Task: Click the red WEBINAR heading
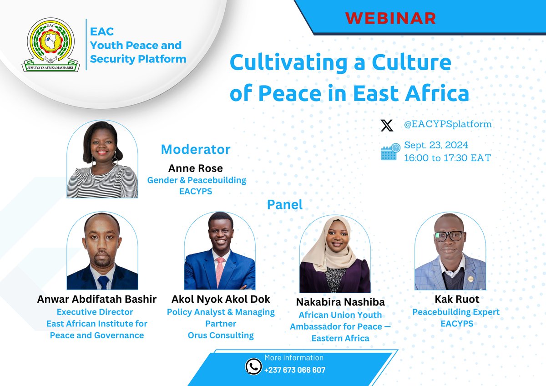390,18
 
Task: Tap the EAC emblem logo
52,45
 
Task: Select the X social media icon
387,125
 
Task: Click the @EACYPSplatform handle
447,124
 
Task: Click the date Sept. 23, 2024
436,146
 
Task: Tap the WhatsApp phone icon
253,366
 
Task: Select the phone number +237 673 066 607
295,370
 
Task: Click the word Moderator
196,149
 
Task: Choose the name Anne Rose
196,168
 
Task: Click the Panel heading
285,204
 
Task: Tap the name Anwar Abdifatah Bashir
96,300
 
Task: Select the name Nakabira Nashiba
340,302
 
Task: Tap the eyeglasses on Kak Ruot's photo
449,236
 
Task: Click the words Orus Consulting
221,335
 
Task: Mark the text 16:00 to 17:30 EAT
447,157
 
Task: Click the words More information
294,358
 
